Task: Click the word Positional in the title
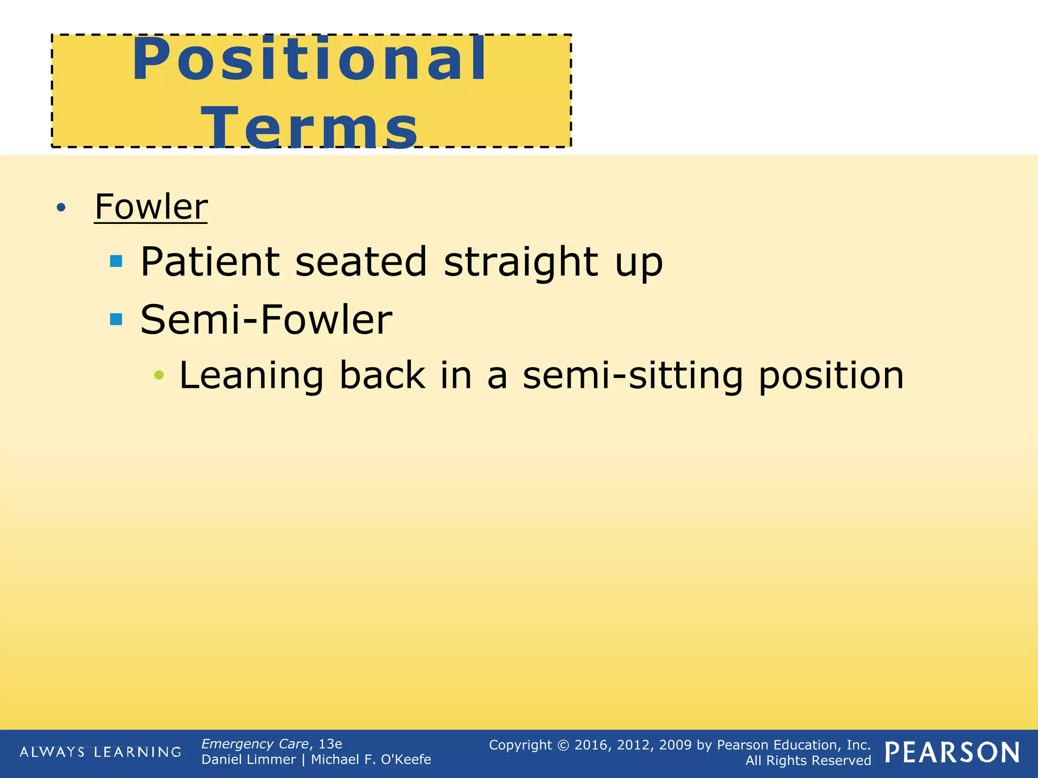pyautogui.click(x=309, y=60)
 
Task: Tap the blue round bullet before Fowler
pyautogui.click(x=61, y=207)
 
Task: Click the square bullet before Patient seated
pyautogui.click(x=116, y=261)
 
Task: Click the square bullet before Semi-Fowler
pyautogui.click(x=116, y=319)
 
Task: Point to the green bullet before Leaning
pyautogui.click(x=159, y=375)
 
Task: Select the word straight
pyautogui.click(x=521, y=262)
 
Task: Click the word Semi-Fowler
pyautogui.click(x=266, y=320)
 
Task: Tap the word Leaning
pyautogui.click(x=251, y=376)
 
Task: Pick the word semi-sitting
pyautogui.click(x=633, y=376)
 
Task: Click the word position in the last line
pyautogui.click(x=831, y=376)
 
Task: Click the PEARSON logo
pyautogui.click(x=952, y=753)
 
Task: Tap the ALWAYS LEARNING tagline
pyautogui.click(x=100, y=752)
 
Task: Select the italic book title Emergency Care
pyautogui.click(x=255, y=744)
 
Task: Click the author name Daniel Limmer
pyautogui.click(x=248, y=759)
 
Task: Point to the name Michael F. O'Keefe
pyautogui.click(x=370, y=759)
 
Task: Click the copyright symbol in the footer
pyautogui.click(x=563, y=745)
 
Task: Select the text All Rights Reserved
pyautogui.click(x=808, y=761)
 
